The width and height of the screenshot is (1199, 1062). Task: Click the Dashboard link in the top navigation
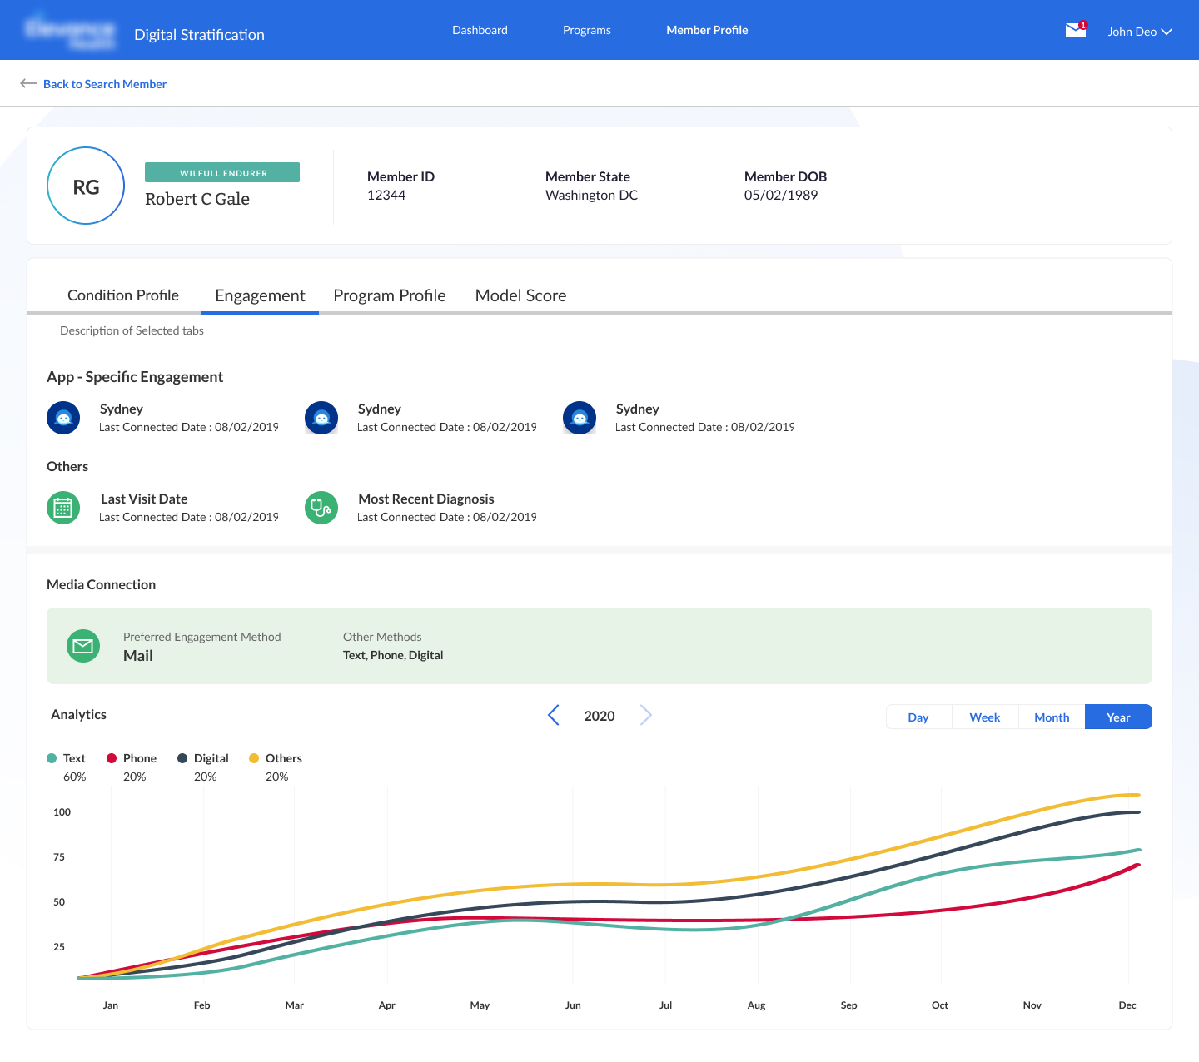480,30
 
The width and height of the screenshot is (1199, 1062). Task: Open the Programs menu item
586,30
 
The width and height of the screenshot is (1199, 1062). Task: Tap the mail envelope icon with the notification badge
1076,31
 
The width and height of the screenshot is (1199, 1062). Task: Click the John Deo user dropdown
1139,32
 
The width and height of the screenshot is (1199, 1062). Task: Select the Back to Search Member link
104,84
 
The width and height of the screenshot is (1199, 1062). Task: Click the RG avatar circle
86,186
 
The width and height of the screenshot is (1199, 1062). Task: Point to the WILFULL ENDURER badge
222,173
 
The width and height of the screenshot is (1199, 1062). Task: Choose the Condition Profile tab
123,295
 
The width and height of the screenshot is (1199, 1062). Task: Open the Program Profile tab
389,295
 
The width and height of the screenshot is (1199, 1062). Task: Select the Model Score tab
520,295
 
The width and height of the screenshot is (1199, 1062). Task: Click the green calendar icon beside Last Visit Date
63,508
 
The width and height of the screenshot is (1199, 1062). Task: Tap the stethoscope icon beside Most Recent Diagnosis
321,508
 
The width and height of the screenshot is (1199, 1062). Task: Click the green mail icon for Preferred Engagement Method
83,646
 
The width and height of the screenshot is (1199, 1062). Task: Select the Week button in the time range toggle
985,717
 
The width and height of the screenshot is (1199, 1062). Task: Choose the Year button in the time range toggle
1118,717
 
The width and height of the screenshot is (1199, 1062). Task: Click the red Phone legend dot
112,758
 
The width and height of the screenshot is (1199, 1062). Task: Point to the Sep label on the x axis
848,1005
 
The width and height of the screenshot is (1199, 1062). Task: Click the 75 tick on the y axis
59,857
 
